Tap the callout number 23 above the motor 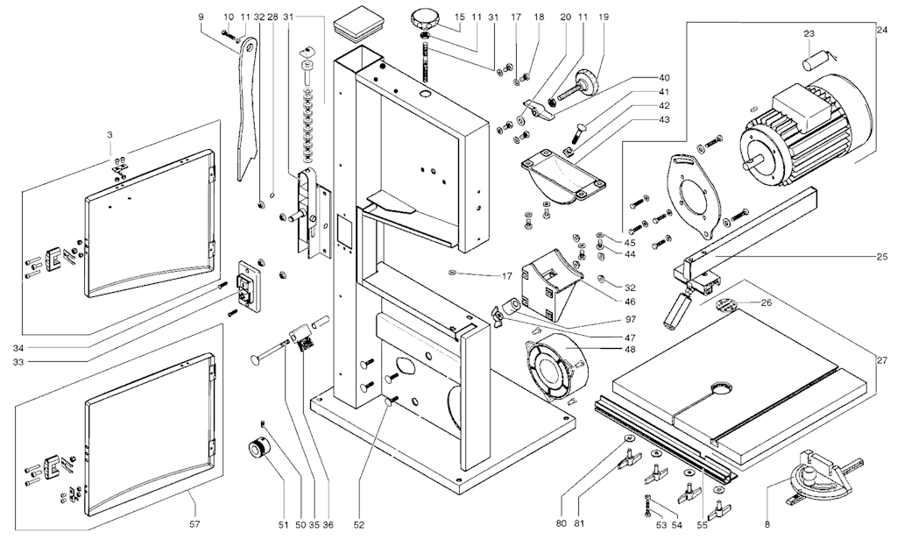809,34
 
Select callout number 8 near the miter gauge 767,525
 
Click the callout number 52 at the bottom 359,525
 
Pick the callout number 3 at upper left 110,135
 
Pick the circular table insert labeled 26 726,306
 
